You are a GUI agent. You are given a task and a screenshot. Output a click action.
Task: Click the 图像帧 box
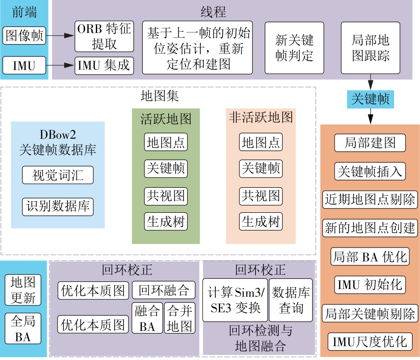25,35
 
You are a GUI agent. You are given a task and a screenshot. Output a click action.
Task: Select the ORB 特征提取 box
104,36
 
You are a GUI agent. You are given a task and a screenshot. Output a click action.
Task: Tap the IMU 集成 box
104,66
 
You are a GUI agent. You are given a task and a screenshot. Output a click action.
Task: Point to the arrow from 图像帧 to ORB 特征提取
60,36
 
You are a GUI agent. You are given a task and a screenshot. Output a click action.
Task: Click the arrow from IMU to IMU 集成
60,66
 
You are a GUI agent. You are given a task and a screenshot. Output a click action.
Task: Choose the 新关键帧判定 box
295,48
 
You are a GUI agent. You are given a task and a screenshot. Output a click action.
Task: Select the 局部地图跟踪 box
371,48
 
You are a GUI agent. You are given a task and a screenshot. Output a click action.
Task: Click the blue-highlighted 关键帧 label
370,99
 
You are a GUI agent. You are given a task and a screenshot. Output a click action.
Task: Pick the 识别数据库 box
58,207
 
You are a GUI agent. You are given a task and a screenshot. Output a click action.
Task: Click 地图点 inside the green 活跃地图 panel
166,142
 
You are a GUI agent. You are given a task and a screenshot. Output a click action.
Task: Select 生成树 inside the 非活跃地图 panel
261,221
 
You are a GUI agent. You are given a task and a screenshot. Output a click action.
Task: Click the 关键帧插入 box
370,171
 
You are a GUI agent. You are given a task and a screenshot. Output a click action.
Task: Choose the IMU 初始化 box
370,284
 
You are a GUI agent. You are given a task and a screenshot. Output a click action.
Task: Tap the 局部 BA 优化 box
370,257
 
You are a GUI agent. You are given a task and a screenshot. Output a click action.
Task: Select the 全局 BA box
23,328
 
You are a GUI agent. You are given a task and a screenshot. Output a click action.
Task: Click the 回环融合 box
164,290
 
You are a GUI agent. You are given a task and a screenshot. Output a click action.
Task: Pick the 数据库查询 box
291,300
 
